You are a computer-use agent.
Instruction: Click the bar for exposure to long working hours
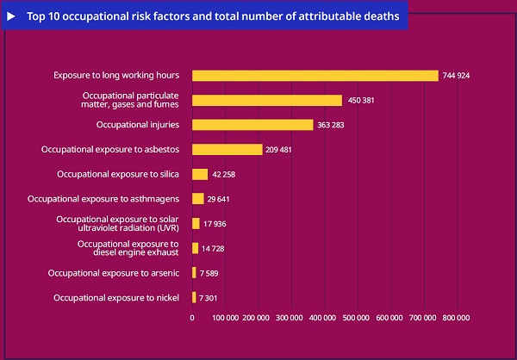315,76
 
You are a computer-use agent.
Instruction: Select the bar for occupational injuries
252,125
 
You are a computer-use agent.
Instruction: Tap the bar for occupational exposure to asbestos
227,150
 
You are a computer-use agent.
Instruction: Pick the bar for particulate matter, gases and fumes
267,100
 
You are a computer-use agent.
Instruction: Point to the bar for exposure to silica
200,174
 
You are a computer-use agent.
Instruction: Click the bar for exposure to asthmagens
197,199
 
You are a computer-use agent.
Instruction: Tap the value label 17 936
215,224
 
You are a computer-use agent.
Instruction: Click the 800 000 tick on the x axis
456,318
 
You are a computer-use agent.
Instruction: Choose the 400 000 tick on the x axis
324,318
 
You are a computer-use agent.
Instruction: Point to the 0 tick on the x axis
192,318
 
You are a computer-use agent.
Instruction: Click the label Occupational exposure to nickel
116,298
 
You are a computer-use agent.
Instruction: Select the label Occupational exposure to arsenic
114,273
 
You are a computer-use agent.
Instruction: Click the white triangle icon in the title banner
12,16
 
